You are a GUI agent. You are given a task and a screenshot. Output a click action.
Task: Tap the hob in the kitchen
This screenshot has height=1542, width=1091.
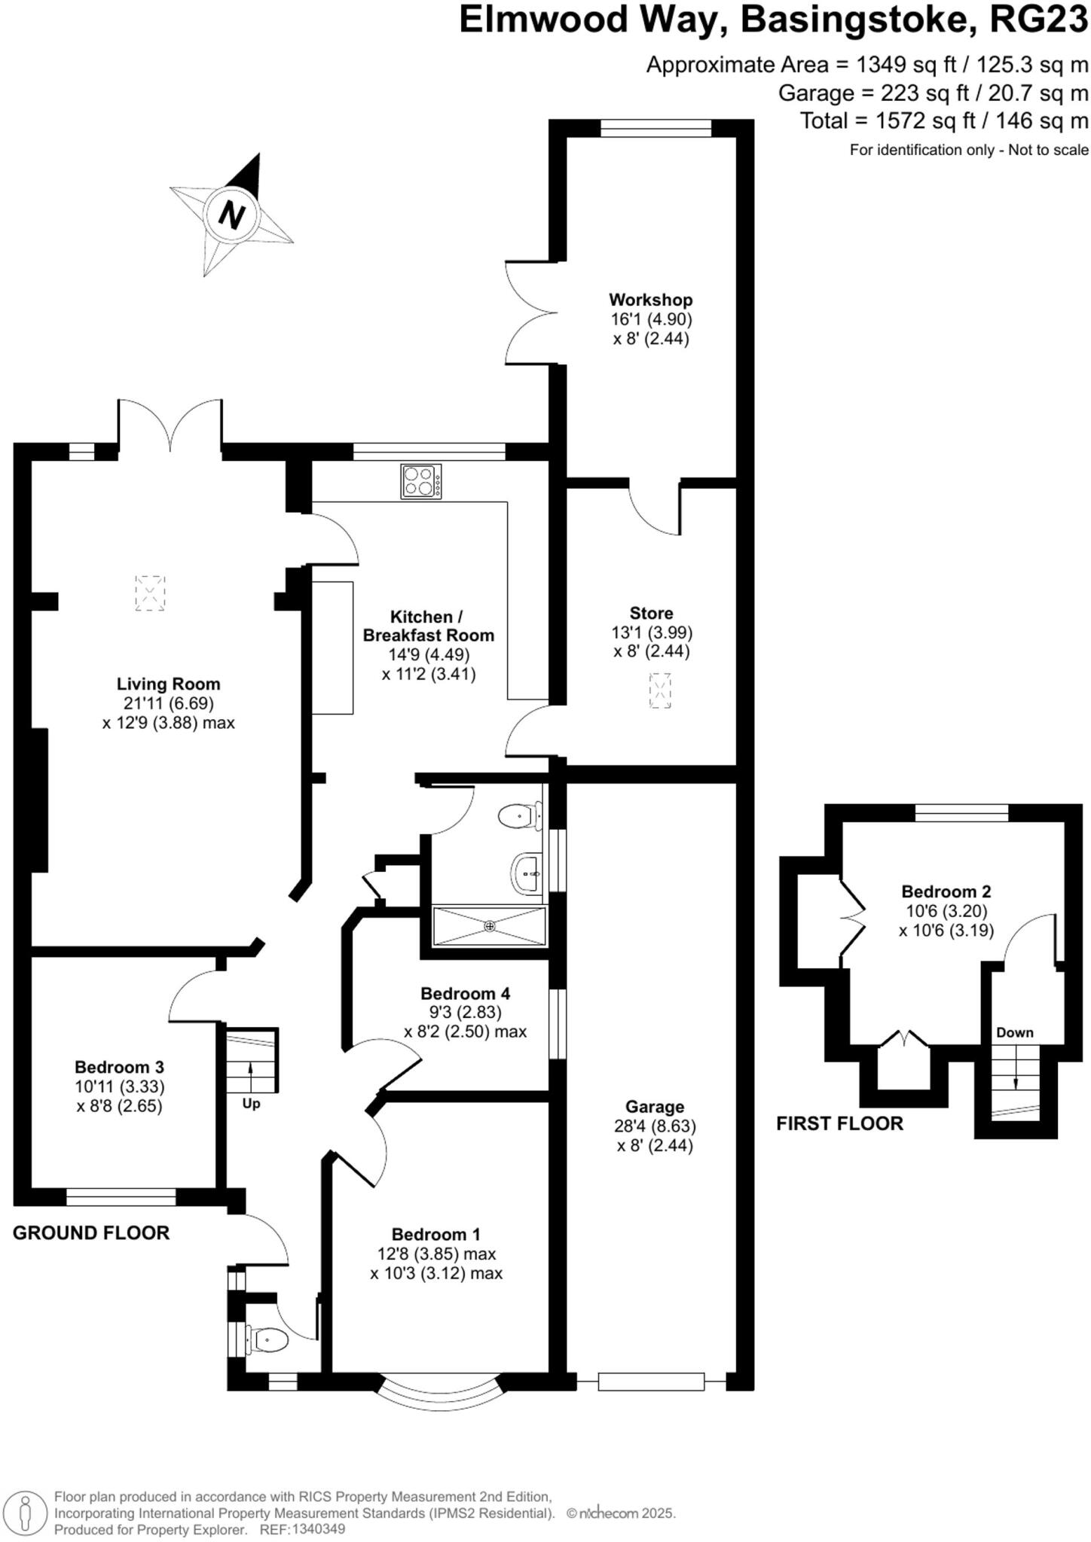(421, 481)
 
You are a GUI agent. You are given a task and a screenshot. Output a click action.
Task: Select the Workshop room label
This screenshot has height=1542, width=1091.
(650, 300)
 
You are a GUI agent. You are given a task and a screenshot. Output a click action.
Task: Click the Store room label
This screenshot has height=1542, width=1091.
(651, 613)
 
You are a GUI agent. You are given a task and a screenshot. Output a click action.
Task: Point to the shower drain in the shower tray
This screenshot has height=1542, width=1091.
(490, 925)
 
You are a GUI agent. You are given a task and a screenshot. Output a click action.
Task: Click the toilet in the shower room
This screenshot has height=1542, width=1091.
(521, 815)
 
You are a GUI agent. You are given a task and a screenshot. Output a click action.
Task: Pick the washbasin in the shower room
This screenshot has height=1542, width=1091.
(527, 873)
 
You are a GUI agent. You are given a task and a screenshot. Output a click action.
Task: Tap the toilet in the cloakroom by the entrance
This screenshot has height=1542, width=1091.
(267, 1339)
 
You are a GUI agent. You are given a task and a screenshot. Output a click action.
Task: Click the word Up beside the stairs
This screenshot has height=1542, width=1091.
(251, 1104)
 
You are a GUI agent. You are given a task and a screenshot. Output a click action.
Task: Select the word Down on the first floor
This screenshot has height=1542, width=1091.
(1014, 1032)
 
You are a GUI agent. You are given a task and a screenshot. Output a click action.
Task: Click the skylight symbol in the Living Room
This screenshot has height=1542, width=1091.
(150, 593)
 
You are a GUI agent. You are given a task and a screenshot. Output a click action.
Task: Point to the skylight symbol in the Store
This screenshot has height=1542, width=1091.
(660, 690)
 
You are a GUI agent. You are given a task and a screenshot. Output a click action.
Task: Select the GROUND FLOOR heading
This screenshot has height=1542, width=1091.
(91, 1233)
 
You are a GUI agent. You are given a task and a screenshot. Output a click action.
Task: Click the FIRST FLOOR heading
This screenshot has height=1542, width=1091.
(839, 1123)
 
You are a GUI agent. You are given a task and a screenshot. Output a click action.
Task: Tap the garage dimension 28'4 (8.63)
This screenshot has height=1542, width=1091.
(654, 1126)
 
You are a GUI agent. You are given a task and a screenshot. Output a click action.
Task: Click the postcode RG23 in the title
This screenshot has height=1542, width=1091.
(1038, 20)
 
